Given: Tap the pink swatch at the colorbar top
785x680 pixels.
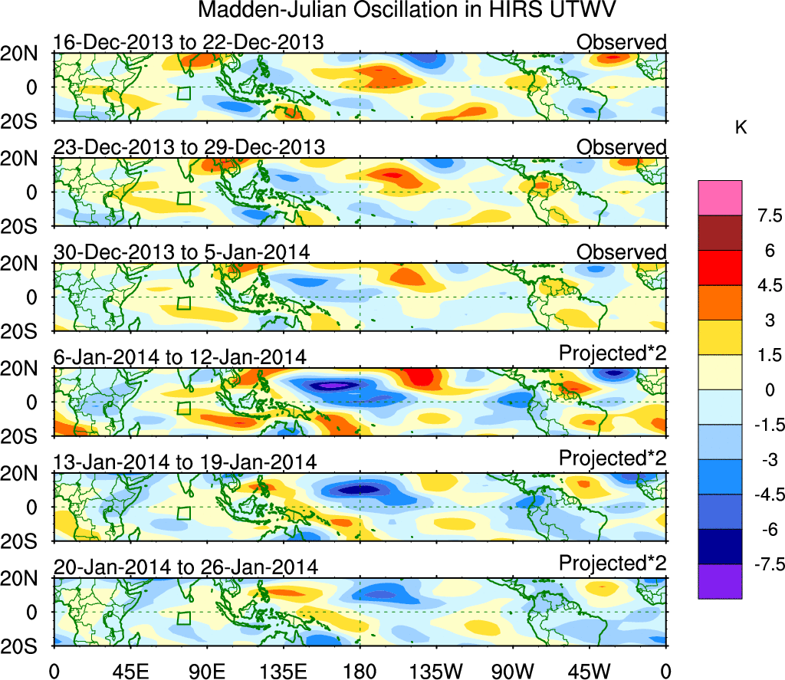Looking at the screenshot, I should click(720, 198).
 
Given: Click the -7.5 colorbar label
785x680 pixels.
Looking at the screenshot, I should click(758, 566).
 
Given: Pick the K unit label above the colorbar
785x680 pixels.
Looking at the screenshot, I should click(741, 128).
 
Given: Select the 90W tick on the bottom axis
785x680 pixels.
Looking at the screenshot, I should click(514, 671).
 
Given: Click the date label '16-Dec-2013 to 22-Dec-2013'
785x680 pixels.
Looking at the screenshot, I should click(189, 42).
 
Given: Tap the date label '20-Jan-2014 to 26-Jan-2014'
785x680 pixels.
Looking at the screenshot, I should click(185, 567).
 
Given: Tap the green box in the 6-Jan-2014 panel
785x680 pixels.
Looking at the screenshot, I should click(183, 408).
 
